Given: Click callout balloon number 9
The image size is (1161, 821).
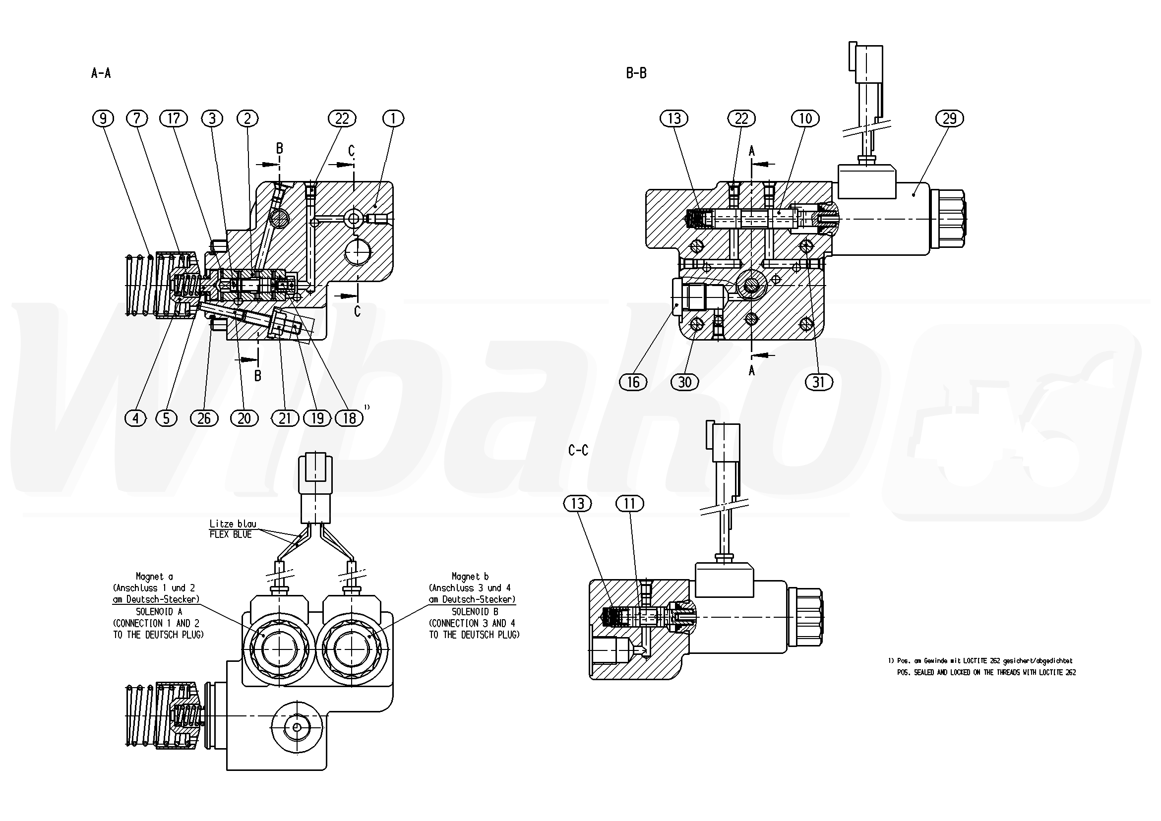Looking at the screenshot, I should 103,118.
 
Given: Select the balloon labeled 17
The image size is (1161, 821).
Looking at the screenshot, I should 174,118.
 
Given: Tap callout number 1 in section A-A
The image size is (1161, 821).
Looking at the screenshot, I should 393,118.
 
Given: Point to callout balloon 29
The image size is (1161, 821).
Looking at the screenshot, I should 950,118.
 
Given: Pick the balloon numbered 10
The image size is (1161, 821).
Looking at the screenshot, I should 805,118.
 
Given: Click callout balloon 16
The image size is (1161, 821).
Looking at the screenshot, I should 633,382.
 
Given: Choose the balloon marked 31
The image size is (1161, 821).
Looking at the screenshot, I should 819,382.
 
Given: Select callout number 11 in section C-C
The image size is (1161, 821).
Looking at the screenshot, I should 629,504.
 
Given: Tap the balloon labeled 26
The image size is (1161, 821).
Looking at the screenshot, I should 204,418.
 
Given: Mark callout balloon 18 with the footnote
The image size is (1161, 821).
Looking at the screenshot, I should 350,418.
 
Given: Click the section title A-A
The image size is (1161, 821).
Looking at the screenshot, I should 101,73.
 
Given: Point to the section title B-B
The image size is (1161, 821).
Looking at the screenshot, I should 636,73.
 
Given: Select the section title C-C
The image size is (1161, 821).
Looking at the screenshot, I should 578,450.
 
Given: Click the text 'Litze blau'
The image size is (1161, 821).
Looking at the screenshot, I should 233,524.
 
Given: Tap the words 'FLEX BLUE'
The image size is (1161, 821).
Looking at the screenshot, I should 231,534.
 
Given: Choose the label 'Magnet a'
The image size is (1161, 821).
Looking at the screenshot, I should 154,576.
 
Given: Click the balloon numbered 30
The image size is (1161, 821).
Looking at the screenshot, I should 684,382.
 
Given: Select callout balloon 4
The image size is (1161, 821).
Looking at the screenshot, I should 135,418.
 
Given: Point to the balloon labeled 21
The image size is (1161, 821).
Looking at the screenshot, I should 285,418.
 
